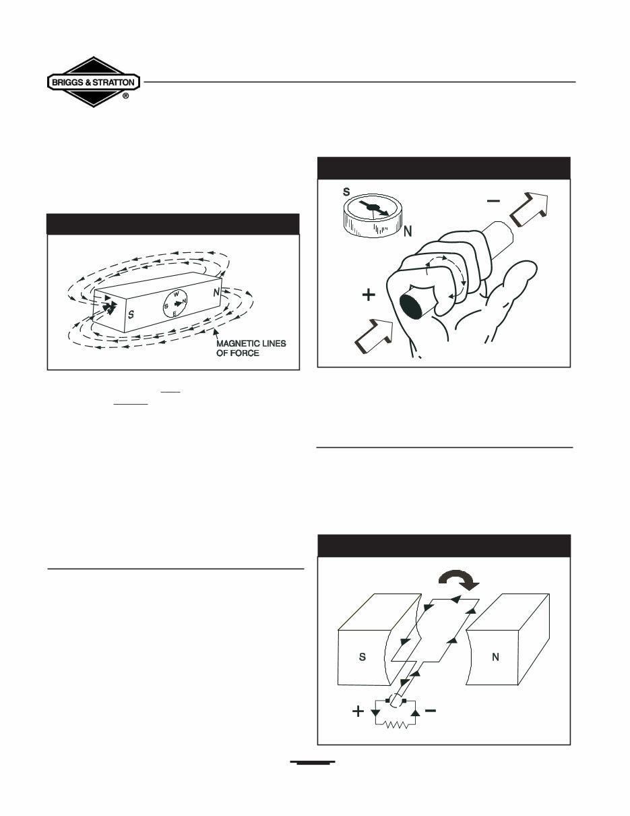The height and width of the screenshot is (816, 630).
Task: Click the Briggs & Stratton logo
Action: (94, 82)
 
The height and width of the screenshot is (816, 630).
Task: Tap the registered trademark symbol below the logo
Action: (126, 96)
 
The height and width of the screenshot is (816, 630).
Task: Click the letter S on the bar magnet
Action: (131, 314)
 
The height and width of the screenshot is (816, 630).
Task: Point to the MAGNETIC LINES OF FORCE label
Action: (251, 348)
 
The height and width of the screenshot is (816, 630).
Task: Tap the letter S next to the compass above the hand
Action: (346, 192)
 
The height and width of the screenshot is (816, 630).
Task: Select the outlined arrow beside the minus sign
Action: (530, 207)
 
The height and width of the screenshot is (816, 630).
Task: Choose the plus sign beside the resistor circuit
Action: (358, 711)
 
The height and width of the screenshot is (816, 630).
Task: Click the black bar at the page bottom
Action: (313, 763)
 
